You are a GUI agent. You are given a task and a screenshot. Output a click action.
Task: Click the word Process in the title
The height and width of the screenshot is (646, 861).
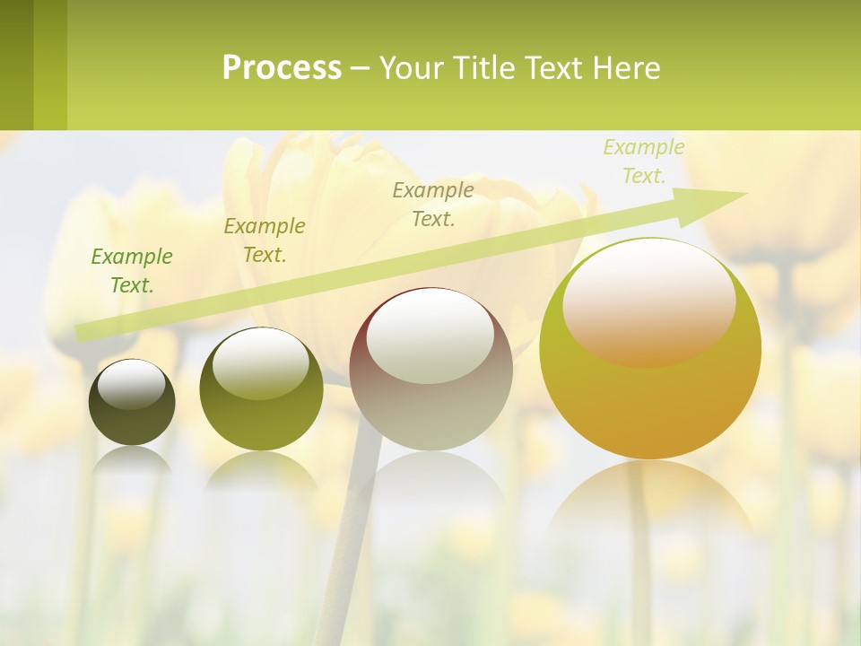coord(282,68)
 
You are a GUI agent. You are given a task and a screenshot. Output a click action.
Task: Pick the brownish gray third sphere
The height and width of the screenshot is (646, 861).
coord(430,404)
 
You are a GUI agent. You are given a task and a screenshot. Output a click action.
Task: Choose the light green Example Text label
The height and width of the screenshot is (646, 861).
coord(644,161)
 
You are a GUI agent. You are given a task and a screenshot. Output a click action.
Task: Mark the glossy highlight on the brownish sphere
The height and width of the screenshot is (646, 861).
coord(430,336)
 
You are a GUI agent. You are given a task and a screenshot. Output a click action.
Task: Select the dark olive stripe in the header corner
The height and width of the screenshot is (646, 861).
coord(16,65)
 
